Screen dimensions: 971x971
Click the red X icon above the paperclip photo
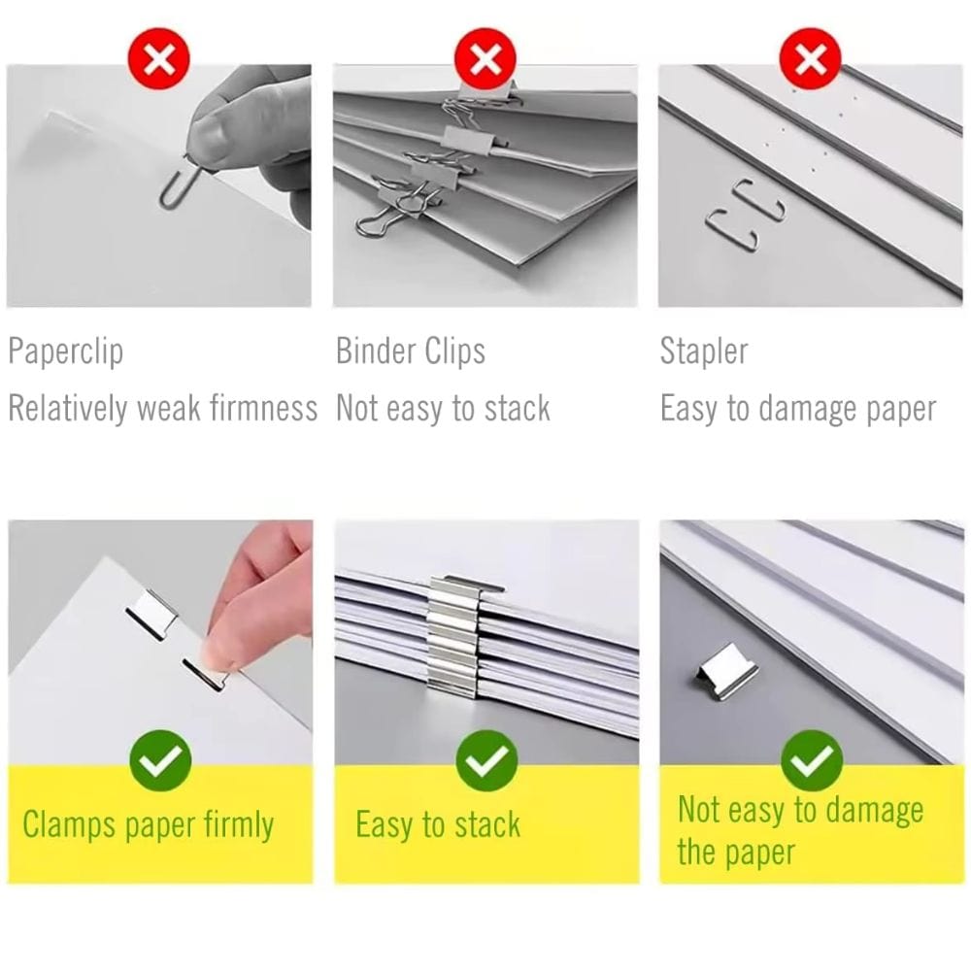click(158, 59)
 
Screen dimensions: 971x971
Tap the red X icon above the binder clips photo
click(485, 59)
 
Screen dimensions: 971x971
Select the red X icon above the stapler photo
click(810, 59)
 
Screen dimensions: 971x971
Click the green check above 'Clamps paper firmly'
click(160, 760)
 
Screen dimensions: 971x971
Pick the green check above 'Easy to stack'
click(486, 760)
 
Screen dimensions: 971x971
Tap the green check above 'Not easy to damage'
click(811, 760)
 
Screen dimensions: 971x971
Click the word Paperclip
click(66, 352)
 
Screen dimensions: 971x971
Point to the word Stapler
click(704, 352)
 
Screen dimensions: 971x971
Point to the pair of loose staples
click(746, 214)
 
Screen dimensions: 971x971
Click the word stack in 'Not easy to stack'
click(518, 409)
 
